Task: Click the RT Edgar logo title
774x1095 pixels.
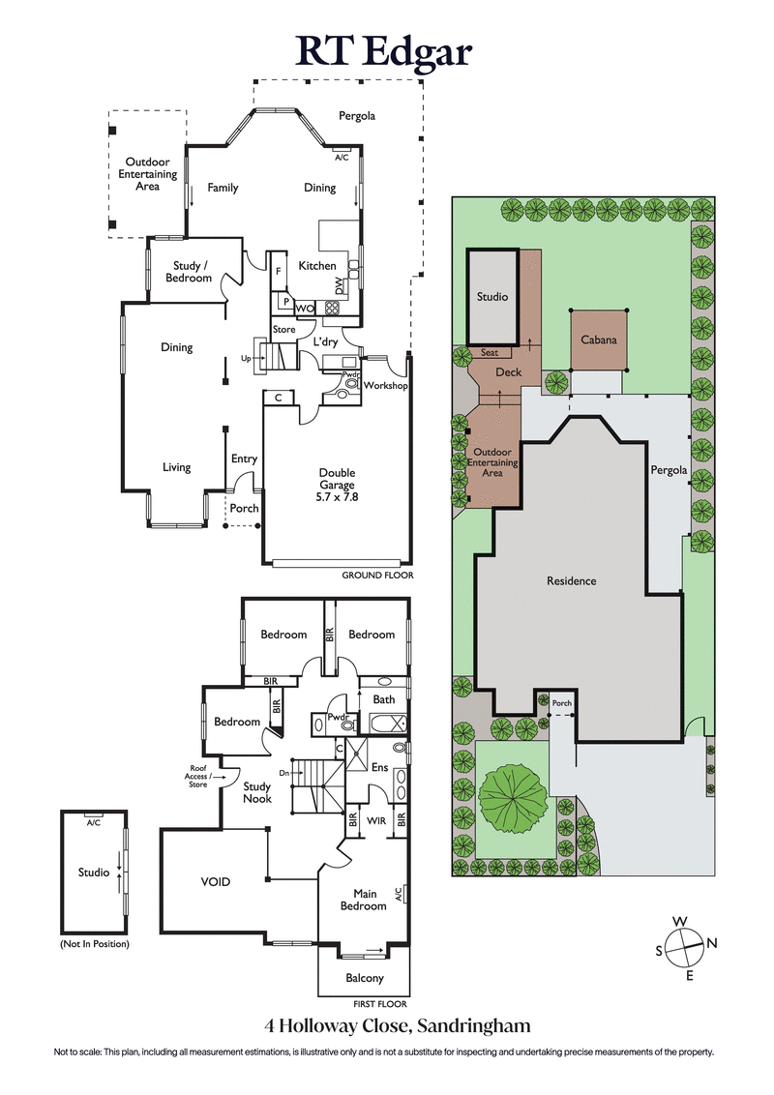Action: tap(387, 49)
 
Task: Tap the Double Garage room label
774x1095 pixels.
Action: tap(337, 479)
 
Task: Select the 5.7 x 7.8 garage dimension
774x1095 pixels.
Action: tap(337, 497)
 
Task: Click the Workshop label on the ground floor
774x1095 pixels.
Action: tap(384, 386)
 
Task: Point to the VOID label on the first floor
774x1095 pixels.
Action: tap(215, 881)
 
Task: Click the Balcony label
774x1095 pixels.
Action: tap(365, 978)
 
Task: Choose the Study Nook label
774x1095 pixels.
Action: tap(257, 792)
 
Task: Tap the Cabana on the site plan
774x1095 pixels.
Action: tap(598, 340)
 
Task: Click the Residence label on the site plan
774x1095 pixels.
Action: tap(571, 580)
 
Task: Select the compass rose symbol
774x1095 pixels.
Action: tap(686, 948)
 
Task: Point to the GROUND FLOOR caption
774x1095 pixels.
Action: tap(377, 576)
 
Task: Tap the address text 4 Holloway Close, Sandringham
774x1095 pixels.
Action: tap(398, 1025)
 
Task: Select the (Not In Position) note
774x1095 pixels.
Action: tap(94, 943)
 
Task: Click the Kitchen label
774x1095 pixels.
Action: tap(316, 266)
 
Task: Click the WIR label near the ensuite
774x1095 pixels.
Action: tap(376, 819)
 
